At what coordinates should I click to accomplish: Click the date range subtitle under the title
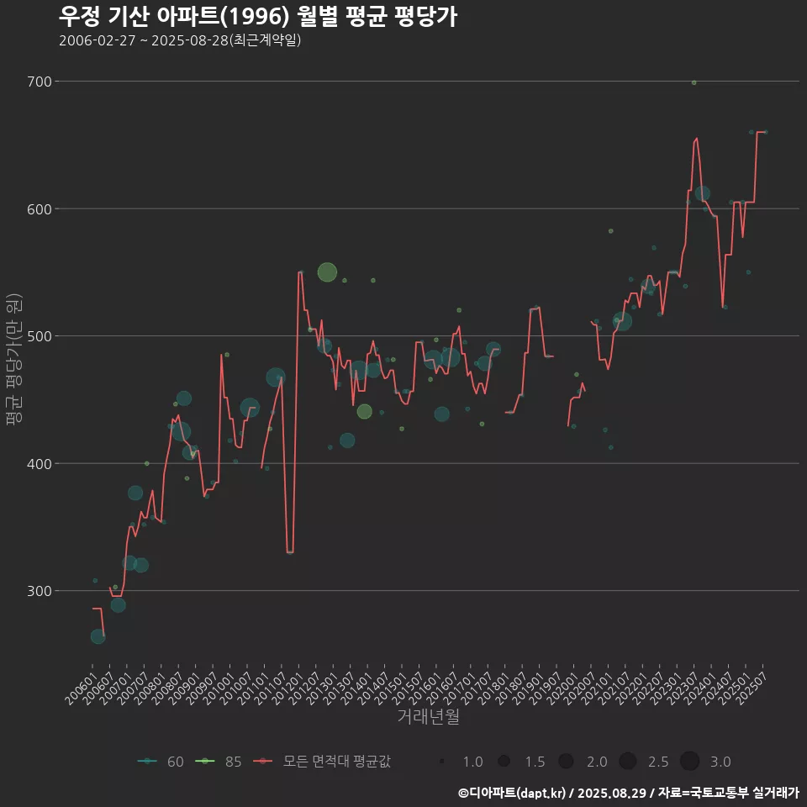point(180,40)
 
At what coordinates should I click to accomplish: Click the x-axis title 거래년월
point(428,717)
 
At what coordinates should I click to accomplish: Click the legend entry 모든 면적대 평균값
point(324,762)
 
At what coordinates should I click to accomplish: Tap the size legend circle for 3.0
point(689,762)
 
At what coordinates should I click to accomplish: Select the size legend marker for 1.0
point(442,762)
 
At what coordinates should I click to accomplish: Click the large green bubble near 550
point(327,272)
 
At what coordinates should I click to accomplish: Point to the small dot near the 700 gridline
point(694,82)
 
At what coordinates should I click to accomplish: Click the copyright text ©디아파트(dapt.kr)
point(513,793)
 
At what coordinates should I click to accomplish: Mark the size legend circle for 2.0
point(566,762)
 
